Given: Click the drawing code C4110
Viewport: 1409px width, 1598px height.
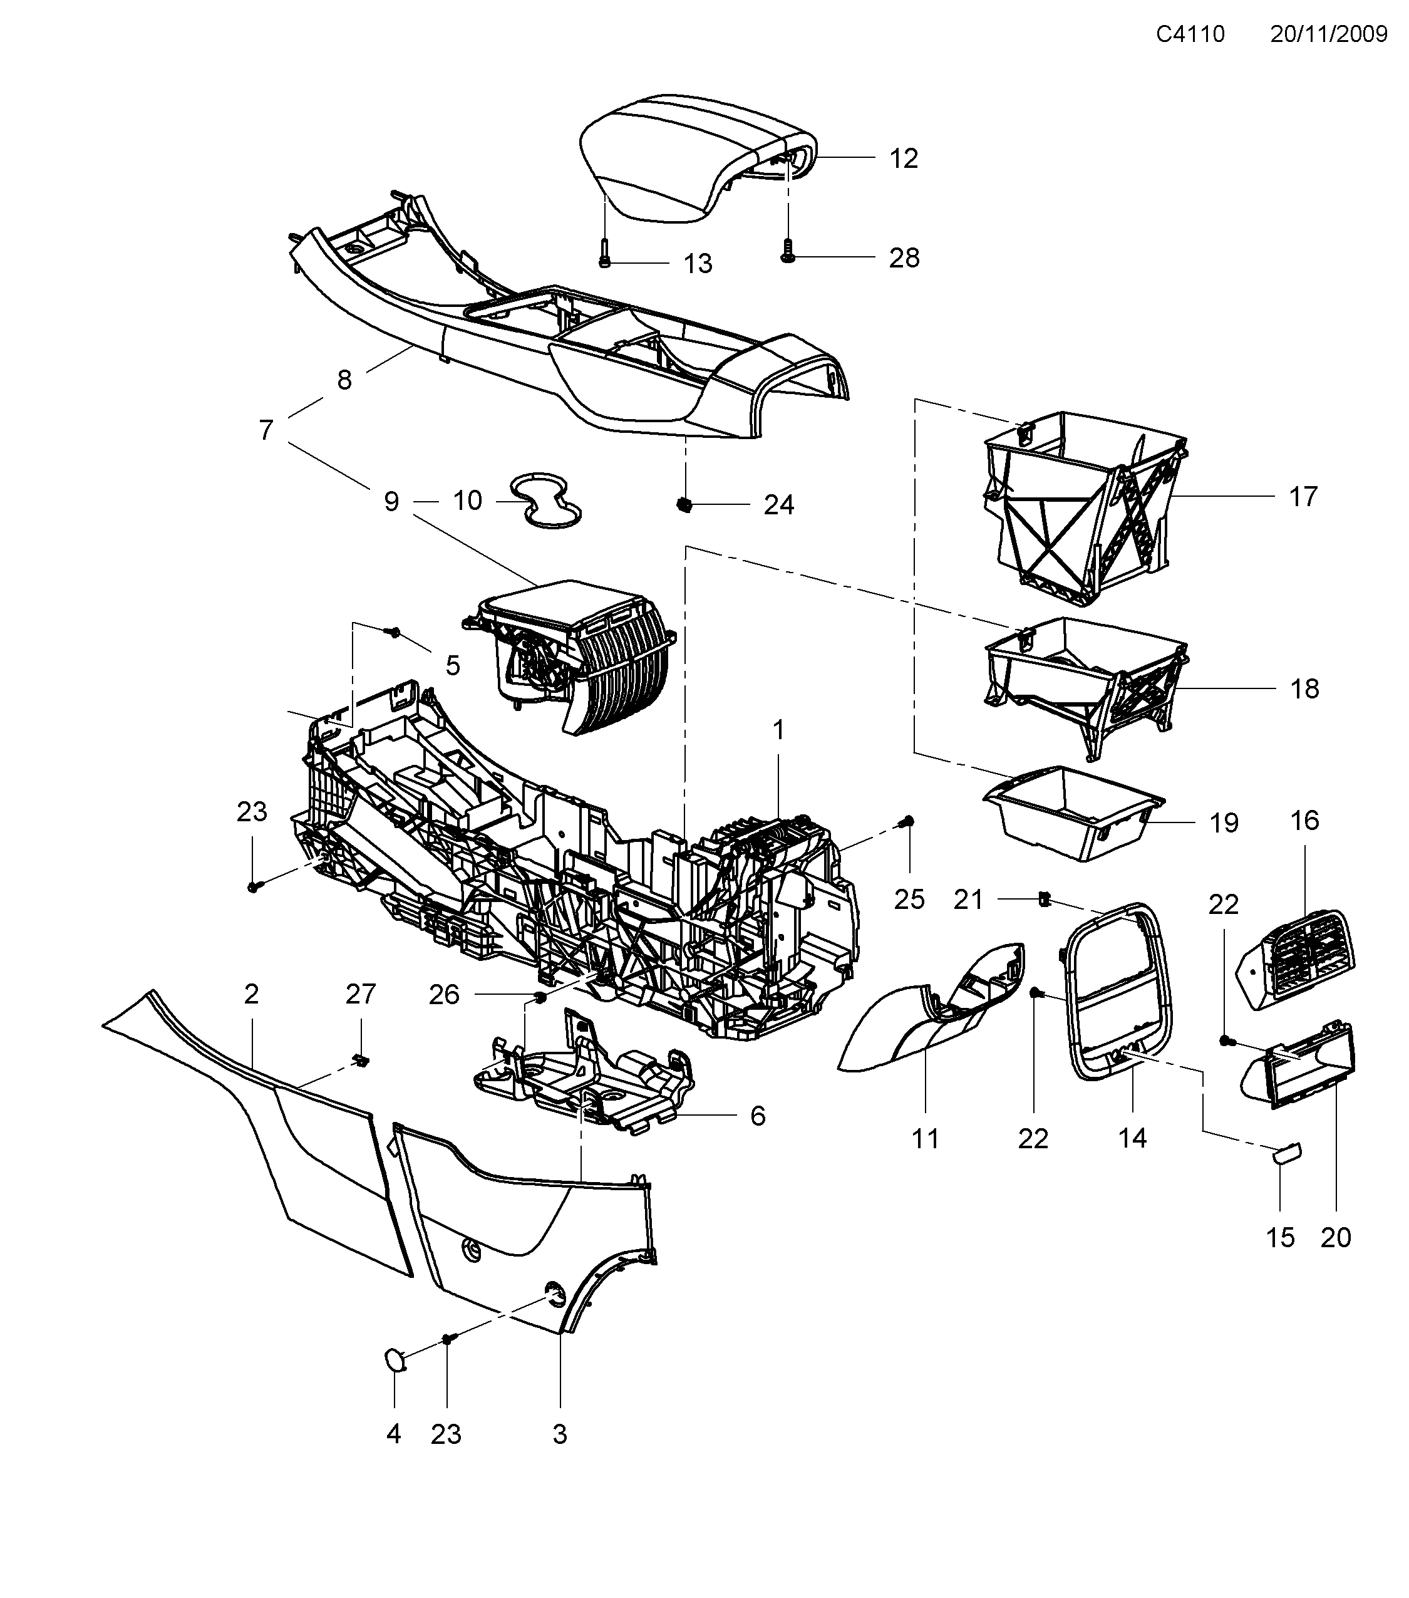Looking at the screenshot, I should pos(1190,34).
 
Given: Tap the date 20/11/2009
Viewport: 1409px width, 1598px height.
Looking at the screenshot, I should pos(1328,34).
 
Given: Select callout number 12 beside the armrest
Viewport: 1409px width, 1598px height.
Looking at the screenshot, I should pos(904,158).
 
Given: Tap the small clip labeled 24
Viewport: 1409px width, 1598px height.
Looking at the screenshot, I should pos(685,504).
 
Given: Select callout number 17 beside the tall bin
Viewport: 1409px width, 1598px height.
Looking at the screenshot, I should pos(1303,497).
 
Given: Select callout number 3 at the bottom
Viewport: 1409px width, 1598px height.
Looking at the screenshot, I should pos(560,1434).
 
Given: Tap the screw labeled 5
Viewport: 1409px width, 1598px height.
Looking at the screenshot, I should pos(395,631).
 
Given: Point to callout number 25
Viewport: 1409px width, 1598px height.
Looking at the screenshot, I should pos(909,899).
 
